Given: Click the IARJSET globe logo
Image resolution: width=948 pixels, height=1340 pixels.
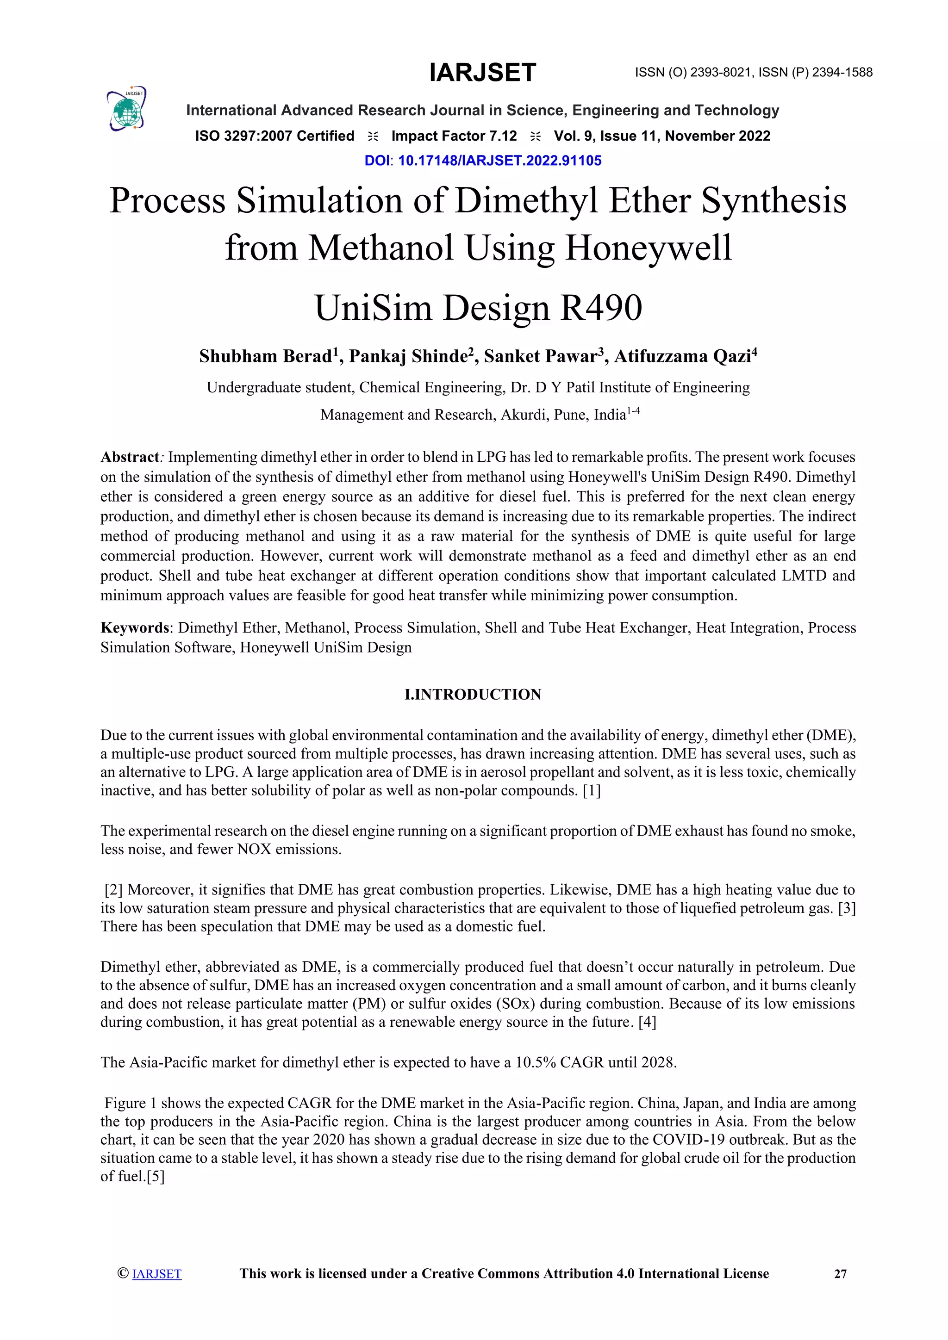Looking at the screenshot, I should tap(127, 109).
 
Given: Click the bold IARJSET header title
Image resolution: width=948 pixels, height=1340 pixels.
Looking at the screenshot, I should tap(482, 72).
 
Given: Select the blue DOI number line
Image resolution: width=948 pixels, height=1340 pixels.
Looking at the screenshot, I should tap(483, 161).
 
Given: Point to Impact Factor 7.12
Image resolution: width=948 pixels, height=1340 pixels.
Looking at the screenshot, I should tap(454, 136).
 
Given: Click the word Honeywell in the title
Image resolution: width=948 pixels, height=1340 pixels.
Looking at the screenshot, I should tap(648, 248).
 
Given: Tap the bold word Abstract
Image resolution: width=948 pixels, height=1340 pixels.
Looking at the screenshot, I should tap(130, 457).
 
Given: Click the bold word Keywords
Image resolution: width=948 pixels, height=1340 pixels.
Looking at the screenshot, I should tap(134, 627).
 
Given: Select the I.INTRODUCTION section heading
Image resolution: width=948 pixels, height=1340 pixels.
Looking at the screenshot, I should tap(473, 695).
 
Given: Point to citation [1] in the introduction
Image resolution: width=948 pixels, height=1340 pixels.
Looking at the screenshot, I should tap(591, 790).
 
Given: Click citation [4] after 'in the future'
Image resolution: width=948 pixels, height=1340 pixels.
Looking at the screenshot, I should tap(647, 1022).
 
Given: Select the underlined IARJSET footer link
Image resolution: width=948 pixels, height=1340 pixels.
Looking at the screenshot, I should tap(156, 1274).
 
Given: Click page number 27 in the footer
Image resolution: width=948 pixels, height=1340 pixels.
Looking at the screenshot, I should tap(840, 1274).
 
